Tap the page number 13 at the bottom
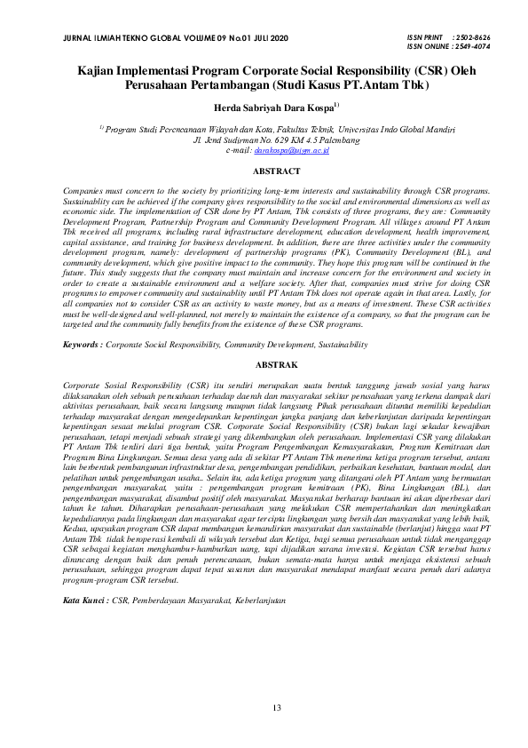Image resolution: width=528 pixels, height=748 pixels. point(277,707)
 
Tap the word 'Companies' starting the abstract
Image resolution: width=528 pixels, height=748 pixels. point(86,192)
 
